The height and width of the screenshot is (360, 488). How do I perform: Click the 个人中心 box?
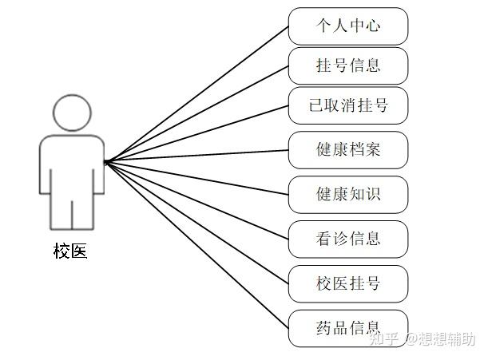[348, 26]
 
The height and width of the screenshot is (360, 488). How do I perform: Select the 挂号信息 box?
[348, 65]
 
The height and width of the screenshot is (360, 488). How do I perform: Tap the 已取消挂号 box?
[348, 105]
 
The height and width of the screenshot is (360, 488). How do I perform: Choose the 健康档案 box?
[348, 149]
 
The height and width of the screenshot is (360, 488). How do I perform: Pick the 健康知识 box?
[348, 194]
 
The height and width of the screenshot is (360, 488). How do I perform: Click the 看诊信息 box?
[348, 238]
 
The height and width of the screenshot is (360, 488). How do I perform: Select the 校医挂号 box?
[348, 283]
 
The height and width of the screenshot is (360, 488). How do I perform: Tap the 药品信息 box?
[348, 327]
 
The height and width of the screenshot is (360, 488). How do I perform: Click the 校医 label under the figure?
[70, 252]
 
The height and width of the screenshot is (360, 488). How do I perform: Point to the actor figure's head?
[71, 113]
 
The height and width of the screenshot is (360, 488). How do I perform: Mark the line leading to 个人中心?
[196, 94]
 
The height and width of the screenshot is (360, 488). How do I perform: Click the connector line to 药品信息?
[196, 244]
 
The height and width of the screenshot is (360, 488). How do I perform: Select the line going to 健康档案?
[196, 156]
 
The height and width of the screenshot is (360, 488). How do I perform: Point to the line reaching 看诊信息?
[196, 200]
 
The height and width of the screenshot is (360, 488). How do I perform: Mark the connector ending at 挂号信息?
[196, 114]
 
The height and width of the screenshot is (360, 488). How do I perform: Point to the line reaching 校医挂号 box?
[196, 222]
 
